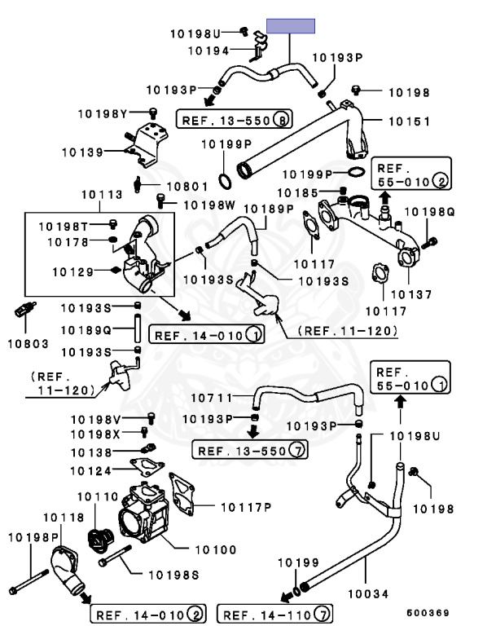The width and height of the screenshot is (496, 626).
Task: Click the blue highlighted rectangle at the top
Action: [291, 26]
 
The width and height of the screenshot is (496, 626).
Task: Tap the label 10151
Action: [409, 121]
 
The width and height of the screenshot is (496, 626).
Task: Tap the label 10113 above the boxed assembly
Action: [102, 195]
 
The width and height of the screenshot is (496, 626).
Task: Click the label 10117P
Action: [245, 507]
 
